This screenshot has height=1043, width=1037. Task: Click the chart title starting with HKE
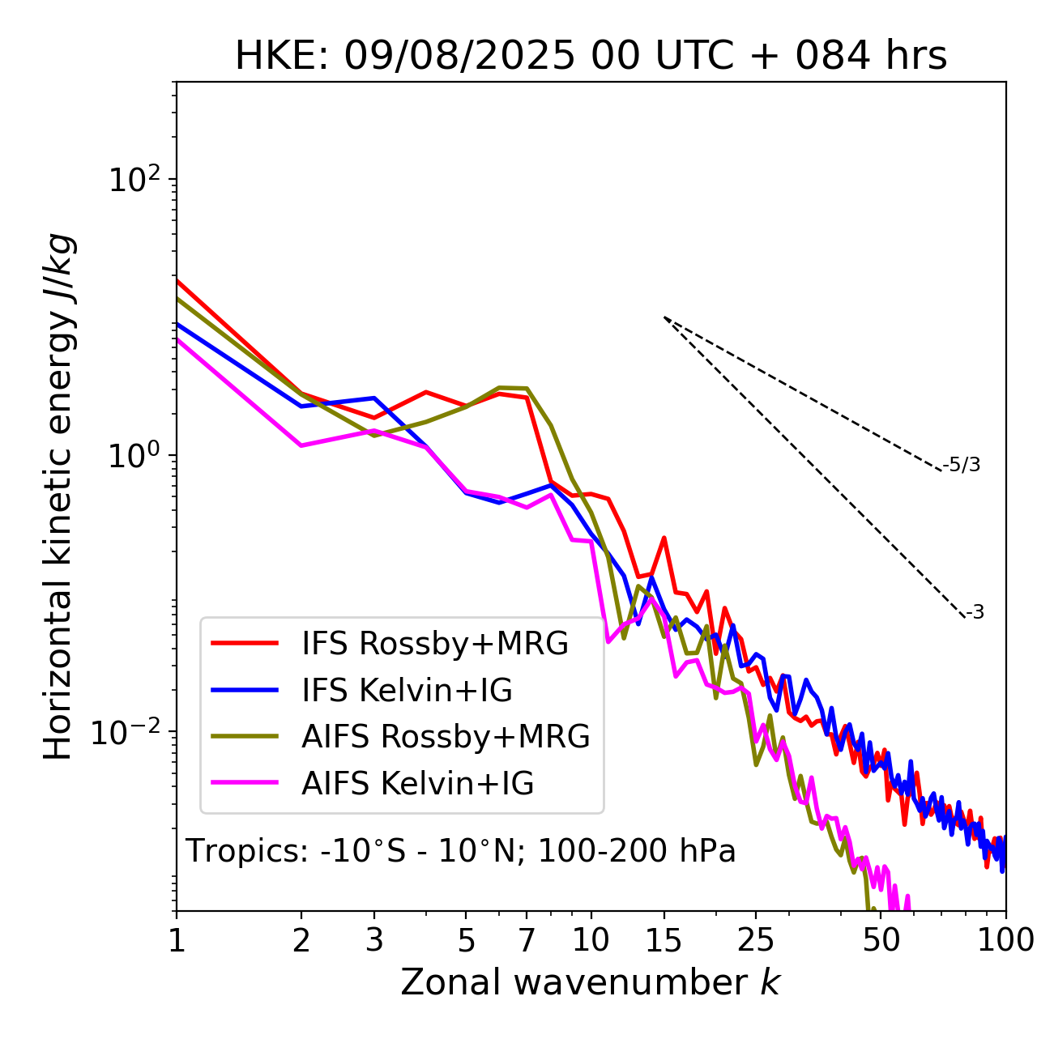[591, 57]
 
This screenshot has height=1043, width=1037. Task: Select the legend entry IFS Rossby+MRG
[434, 644]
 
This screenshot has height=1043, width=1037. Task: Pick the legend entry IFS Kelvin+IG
[407, 691]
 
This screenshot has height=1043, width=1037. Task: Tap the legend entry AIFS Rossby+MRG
[446, 737]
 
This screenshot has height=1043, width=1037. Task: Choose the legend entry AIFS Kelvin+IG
[417, 784]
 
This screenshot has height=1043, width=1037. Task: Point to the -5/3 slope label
[962, 466]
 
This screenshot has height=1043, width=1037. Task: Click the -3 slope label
[975, 613]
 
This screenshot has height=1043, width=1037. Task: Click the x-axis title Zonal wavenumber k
[590, 982]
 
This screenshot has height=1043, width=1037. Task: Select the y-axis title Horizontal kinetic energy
[58, 496]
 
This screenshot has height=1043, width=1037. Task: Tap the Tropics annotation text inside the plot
[460, 852]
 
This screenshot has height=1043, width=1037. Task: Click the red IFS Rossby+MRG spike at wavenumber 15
[664, 538]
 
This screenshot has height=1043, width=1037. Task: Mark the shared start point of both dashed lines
[664, 317]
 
